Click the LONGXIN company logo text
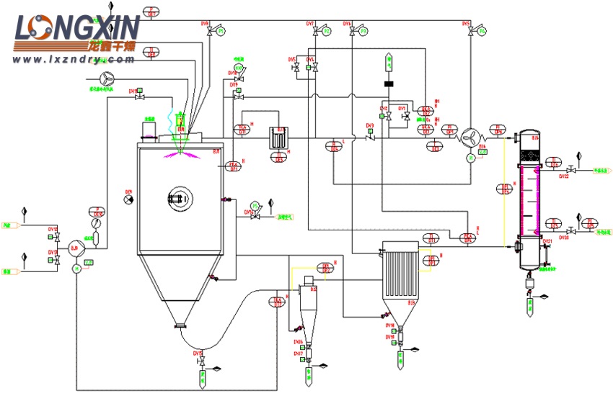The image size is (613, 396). [76, 29]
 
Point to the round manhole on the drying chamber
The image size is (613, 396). [178, 197]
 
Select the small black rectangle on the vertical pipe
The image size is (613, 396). [389, 84]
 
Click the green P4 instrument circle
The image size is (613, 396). [482, 30]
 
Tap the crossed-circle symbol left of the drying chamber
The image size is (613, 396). [128, 199]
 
